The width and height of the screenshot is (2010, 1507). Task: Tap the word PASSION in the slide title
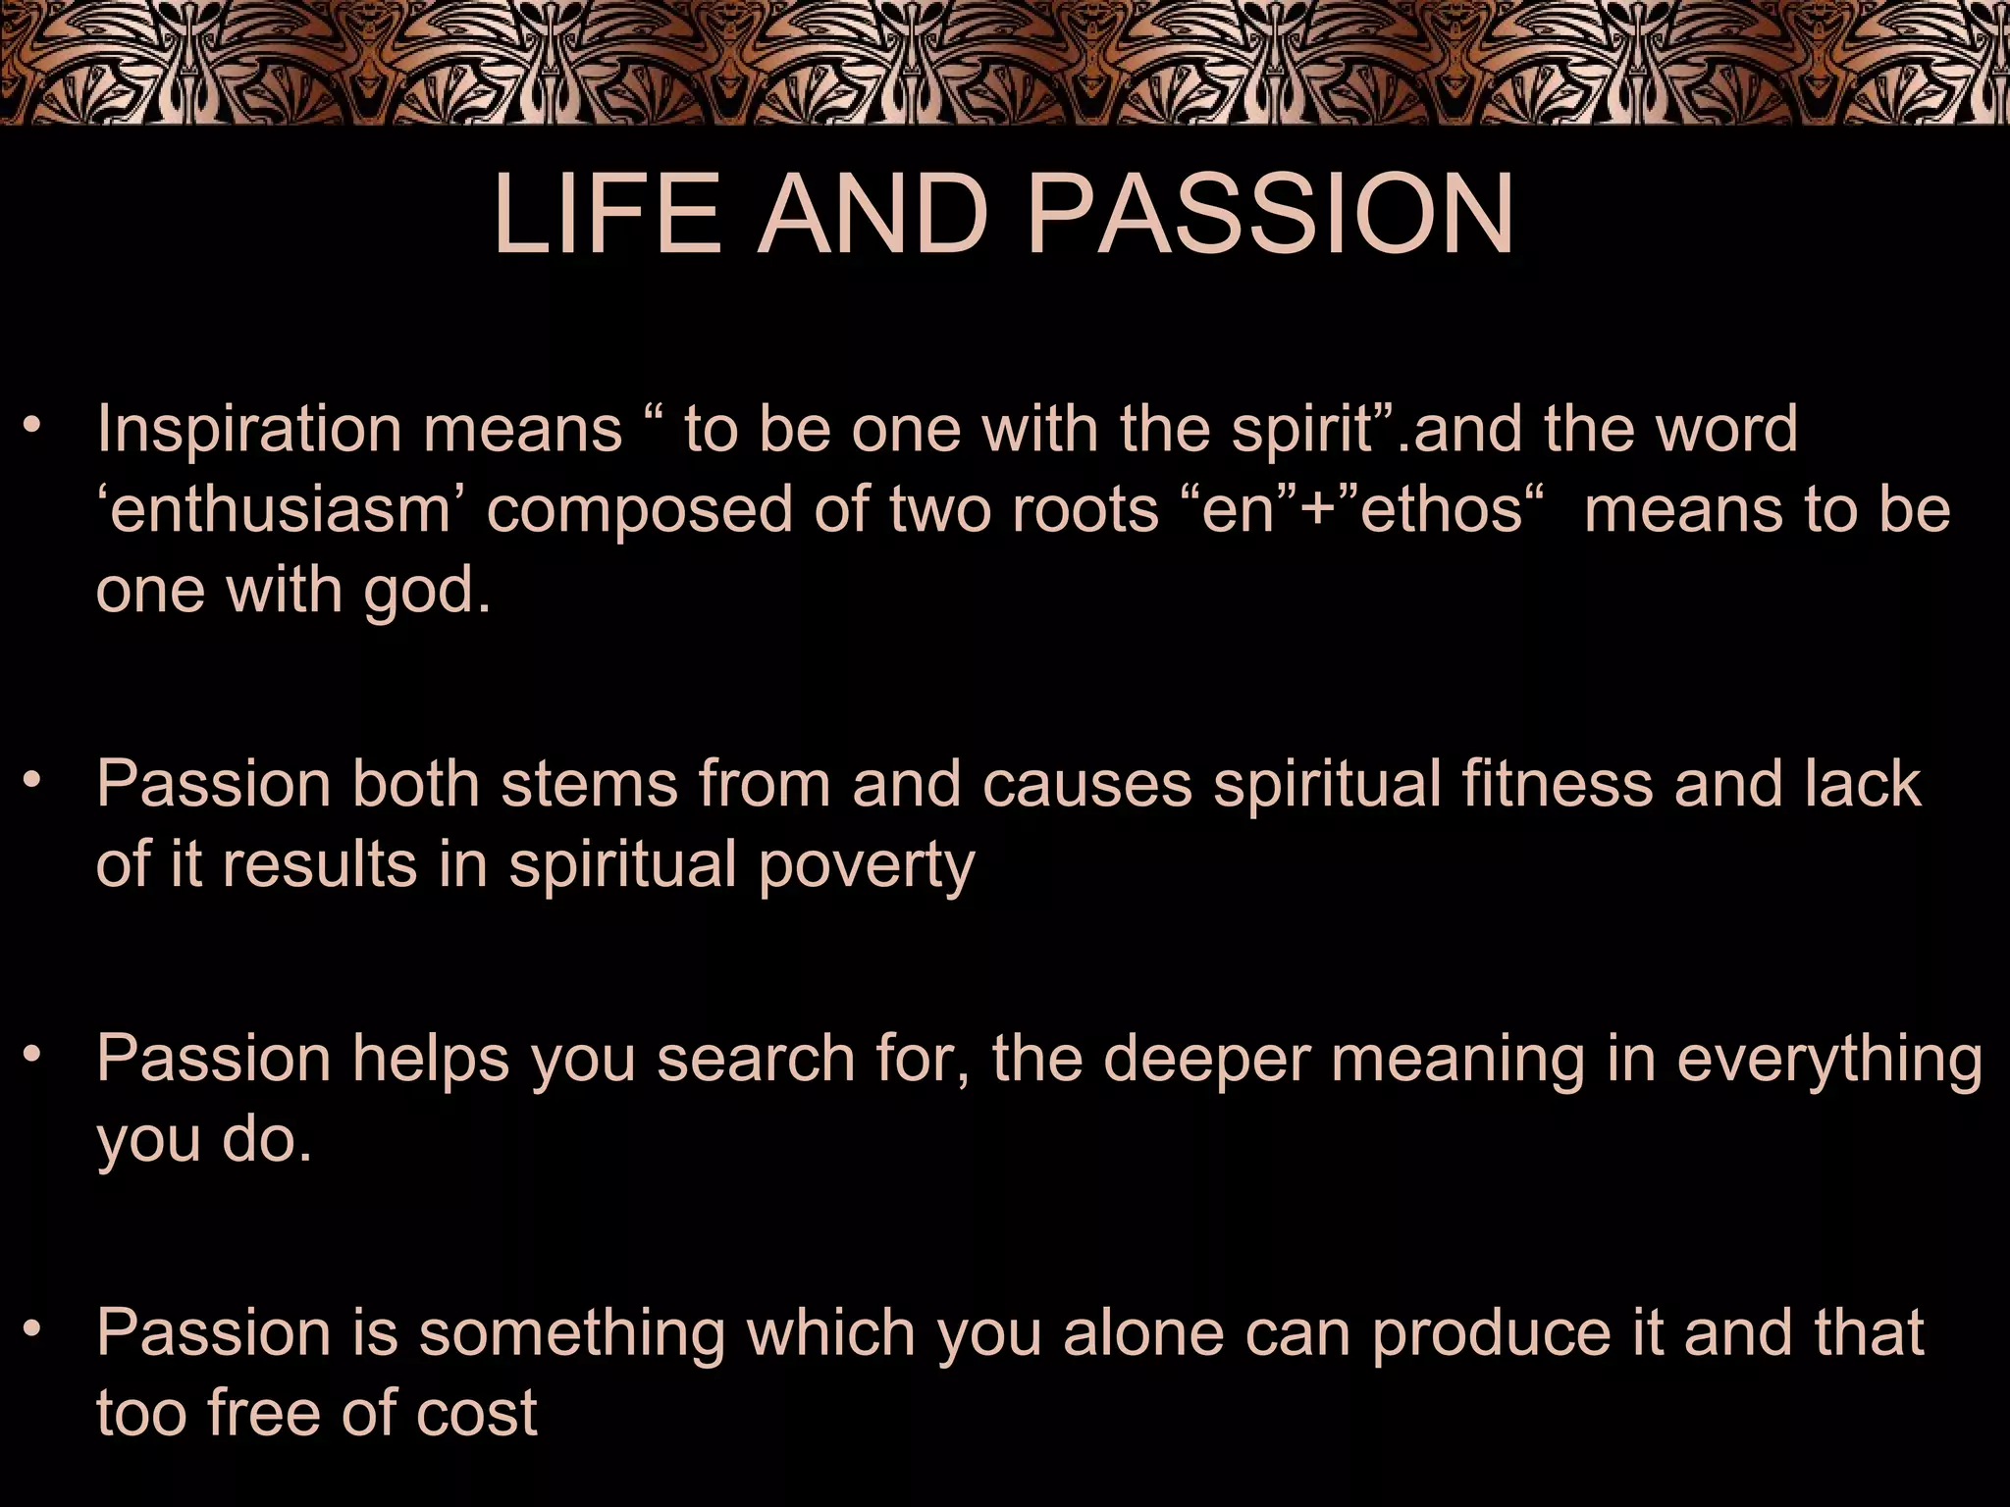pos(1270,217)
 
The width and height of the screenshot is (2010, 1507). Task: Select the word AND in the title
pos(873,217)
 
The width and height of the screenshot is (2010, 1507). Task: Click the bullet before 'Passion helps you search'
pos(35,1055)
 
